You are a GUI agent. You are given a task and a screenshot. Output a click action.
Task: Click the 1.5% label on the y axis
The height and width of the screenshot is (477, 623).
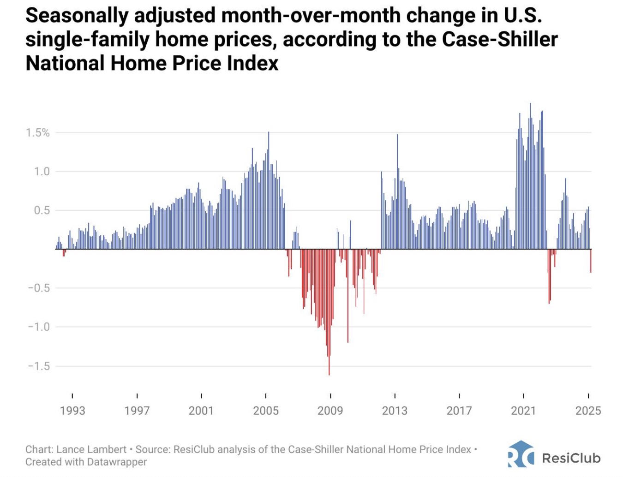(x=37, y=133)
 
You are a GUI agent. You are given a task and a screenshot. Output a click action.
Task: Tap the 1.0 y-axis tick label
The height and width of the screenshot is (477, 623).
(x=42, y=172)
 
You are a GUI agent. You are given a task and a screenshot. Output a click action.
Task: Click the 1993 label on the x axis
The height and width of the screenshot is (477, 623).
(x=72, y=411)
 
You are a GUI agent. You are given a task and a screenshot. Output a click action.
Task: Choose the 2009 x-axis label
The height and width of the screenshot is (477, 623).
(x=330, y=411)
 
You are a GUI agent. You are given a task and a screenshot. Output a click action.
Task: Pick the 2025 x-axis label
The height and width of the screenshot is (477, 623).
(x=588, y=411)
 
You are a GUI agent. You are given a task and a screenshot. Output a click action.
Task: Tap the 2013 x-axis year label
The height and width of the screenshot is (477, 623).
(x=395, y=411)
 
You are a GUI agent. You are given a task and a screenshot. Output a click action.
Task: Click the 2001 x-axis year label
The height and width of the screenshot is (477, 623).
(x=201, y=411)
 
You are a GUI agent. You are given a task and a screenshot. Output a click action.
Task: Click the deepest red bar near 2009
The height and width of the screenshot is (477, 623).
(x=329, y=323)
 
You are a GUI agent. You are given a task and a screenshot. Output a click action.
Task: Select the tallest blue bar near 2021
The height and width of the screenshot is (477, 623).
(x=530, y=175)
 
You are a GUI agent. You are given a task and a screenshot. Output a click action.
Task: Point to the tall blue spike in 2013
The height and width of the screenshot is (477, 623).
(x=397, y=194)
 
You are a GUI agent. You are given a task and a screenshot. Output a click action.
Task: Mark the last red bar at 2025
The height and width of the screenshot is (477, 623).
(x=591, y=261)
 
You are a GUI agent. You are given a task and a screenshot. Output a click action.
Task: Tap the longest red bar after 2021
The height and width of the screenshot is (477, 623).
(x=549, y=277)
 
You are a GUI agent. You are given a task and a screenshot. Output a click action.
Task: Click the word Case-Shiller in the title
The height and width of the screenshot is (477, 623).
(x=500, y=39)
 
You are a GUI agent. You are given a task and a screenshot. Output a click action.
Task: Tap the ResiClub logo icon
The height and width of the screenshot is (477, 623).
(x=521, y=454)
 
